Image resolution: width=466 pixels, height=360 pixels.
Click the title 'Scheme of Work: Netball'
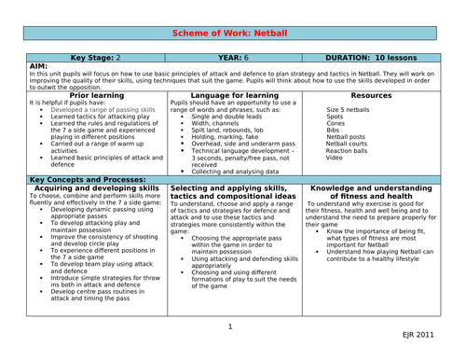click(x=233, y=33)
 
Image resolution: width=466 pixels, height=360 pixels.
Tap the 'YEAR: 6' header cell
click(x=233, y=57)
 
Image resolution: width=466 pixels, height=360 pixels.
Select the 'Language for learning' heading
click(x=233, y=94)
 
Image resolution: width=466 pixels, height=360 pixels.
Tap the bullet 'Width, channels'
click(x=215, y=122)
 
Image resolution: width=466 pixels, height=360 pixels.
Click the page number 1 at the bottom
click(x=229, y=327)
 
